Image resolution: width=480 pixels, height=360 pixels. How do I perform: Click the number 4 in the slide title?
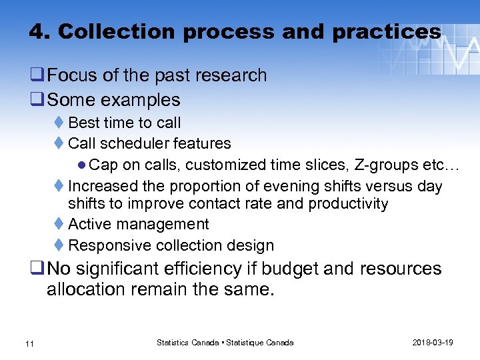coord(36,31)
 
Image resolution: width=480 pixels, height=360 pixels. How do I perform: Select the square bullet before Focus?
coord(37,75)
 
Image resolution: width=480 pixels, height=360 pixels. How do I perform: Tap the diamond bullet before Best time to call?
coord(59,123)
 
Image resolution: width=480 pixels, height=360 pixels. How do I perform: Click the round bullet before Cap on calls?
coord(81,165)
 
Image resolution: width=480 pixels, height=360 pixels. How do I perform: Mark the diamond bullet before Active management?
coord(59,225)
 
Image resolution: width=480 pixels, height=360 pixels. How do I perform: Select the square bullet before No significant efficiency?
coord(37,269)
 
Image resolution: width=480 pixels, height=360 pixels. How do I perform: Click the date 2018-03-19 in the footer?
coord(433,342)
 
